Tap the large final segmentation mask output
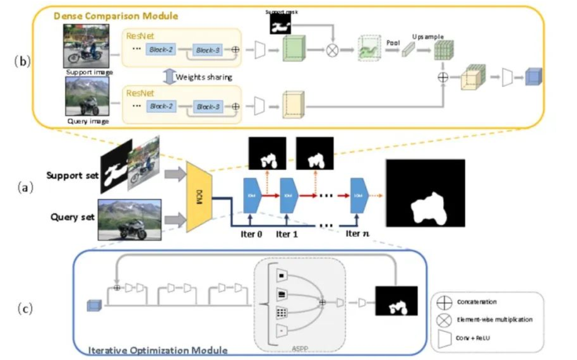pos(424,193)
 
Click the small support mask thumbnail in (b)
pos(278,23)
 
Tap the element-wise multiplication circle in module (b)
pos(332,50)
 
